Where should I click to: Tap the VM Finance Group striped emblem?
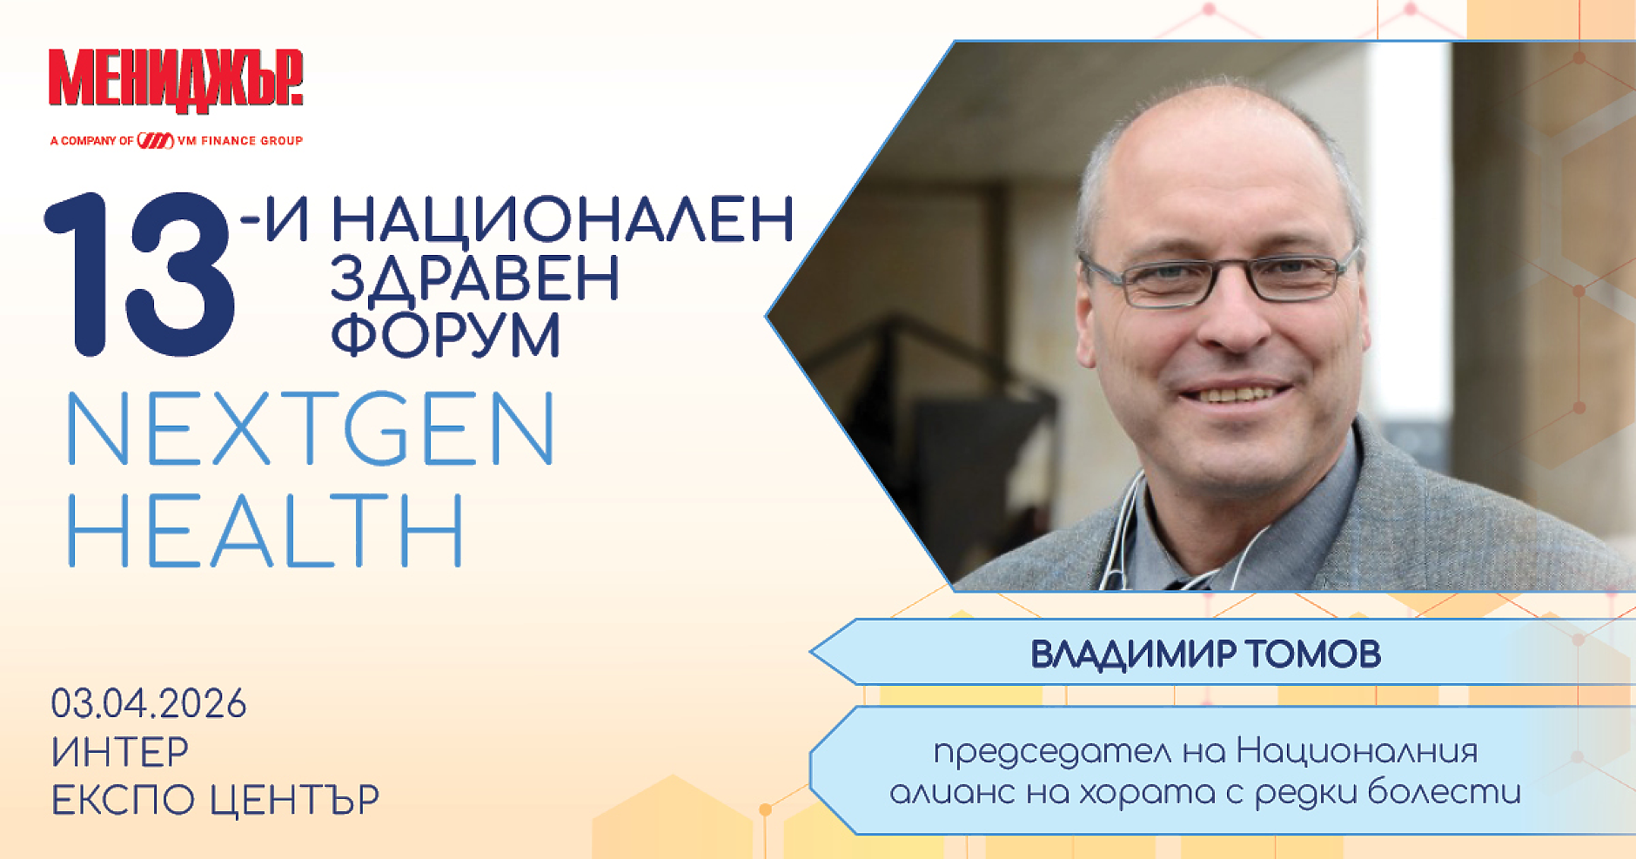point(156,140)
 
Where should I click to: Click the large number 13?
point(139,274)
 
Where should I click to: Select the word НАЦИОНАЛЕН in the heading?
point(562,219)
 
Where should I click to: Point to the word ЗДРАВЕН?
point(474,279)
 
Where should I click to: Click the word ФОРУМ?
point(446,335)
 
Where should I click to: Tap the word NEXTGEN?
point(311,429)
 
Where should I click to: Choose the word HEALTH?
point(265,531)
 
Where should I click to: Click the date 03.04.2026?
point(149,704)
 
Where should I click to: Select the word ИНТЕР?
point(120,752)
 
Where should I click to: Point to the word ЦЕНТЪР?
point(295,800)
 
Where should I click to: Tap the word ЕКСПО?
point(123,800)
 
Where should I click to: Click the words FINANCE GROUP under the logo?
point(251,140)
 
